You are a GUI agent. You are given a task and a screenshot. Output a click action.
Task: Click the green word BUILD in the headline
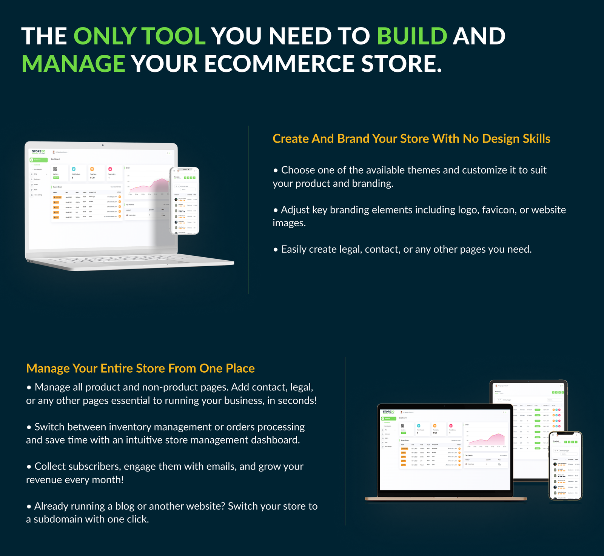[x=412, y=36]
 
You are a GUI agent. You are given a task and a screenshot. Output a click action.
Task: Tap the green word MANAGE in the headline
[x=73, y=64]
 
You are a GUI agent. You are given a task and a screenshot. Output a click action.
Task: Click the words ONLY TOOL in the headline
[x=139, y=36]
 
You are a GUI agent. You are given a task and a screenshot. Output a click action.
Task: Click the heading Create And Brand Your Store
[x=411, y=139]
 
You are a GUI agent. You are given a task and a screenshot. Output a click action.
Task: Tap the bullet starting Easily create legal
[x=402, y=249]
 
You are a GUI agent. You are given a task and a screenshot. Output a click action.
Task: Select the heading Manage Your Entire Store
[x=140, y=368]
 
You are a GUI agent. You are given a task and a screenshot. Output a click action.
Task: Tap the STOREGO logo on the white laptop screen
[x=39, y=152]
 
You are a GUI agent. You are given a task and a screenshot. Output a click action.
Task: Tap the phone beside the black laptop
[x=565, y=466]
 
